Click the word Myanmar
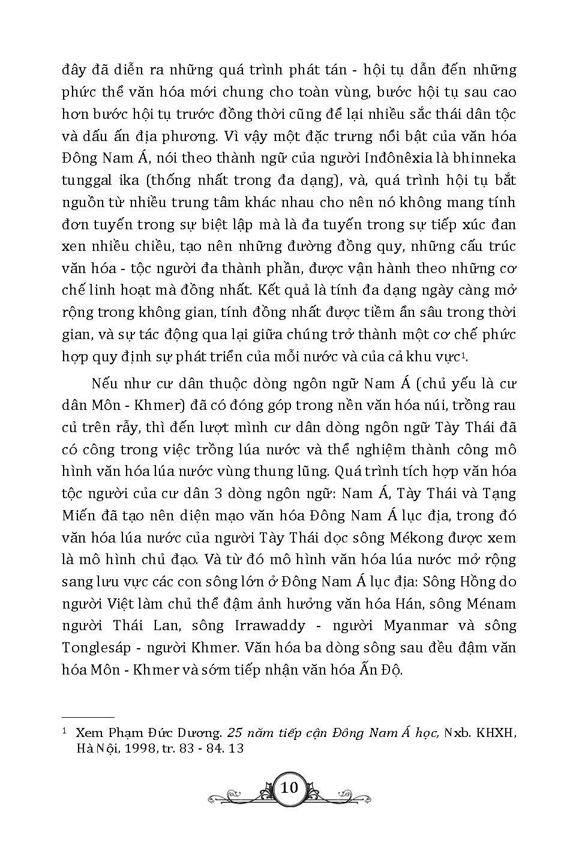[x=415, y=625]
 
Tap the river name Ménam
[x=491, y=603]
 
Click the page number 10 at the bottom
[x=289, y=787]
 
